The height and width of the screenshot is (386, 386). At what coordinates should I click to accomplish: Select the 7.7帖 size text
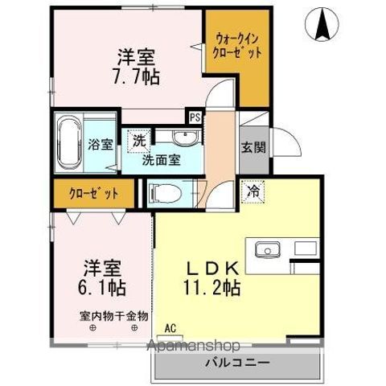point(137,78)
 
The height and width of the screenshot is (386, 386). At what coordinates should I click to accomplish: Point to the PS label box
point(195,117)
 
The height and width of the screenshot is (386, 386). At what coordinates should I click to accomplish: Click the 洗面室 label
point(161,159)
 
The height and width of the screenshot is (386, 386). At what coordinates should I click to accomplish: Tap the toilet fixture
point(166,192)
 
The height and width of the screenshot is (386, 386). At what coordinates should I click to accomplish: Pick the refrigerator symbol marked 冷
point(253,191)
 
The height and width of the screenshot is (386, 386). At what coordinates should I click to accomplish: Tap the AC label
point(169,328)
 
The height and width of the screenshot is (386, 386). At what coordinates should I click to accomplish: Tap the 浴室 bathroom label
point(101,146)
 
